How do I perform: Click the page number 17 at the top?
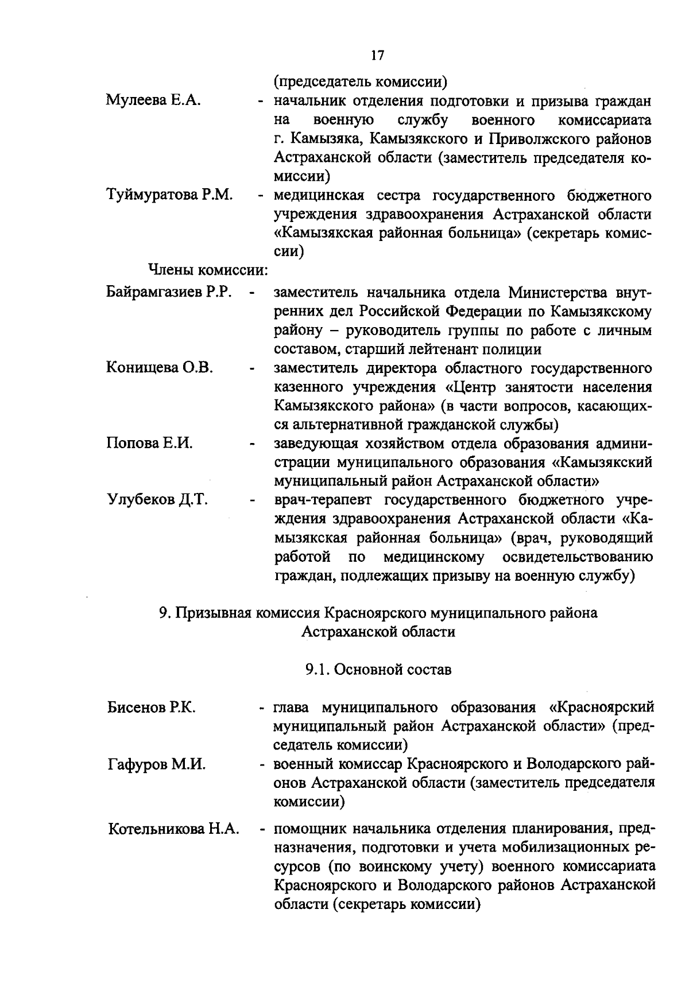point(377,56)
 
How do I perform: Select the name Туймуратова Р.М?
point(169,195)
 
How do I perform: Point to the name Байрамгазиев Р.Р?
point(169,292)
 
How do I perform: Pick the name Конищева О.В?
point(160,368)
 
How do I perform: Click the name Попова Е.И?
point(149,444)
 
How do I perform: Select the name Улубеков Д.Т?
point(157,500)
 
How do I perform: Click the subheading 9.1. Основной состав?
point(378,669)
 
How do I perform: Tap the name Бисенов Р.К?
point(152,707)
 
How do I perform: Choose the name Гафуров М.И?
point(156,764)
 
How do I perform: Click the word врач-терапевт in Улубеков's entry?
point(324,500)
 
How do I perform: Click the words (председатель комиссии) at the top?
point(360,82)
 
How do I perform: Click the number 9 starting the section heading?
point(163,613)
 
